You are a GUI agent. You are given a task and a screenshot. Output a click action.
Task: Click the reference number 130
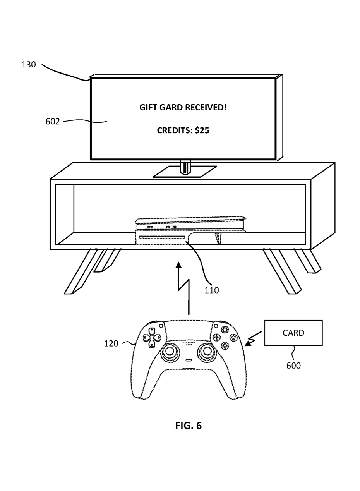[x=29, y=65]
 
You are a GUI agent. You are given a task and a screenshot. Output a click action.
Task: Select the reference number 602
[x=53, y=122]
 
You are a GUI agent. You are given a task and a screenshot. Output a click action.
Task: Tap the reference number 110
[x=211, y=290]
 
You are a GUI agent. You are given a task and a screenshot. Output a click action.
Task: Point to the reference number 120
[x=111, y=343]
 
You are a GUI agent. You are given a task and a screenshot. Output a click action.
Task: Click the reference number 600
[x=293, y=366]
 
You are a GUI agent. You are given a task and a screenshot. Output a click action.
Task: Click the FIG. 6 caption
[x=189, y=426]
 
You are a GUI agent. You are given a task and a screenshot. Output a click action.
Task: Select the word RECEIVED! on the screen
[x=206, y=107]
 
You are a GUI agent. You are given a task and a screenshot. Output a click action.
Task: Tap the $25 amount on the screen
[x=202, y=130]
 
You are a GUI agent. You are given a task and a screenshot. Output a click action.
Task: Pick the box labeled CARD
[x=293, y=333]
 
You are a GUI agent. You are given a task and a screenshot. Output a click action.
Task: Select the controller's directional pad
[x=152, y=338]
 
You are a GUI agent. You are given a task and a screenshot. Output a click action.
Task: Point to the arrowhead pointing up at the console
[x=179, y=265]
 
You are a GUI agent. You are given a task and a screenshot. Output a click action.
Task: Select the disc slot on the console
[x=162, y=237]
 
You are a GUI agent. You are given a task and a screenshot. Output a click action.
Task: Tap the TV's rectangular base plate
[x=185, y=172]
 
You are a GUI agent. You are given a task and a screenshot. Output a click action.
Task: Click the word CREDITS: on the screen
[x=175, y=130]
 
